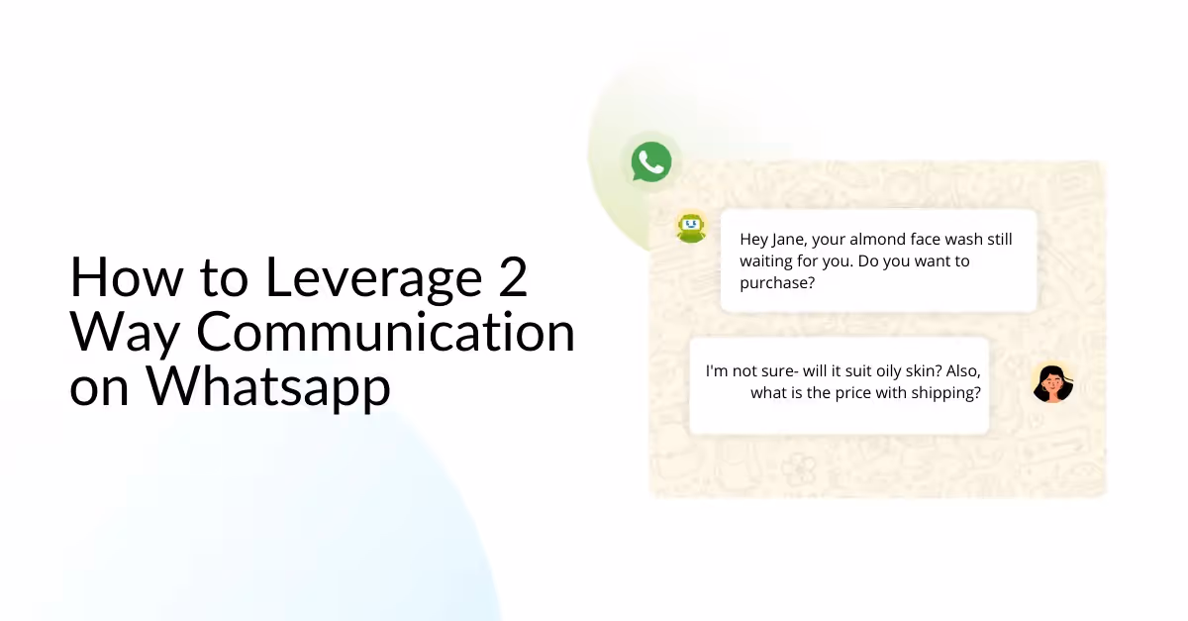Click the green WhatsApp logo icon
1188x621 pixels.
(x=651, y=161)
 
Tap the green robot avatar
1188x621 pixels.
(x=690, y=227)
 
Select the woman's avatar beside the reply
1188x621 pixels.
(x=1052, y=383)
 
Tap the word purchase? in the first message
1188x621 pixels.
(x=777, y=282)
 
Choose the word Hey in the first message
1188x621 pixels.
(x=754, y=240)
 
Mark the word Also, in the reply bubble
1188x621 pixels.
(x=960, y=370)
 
